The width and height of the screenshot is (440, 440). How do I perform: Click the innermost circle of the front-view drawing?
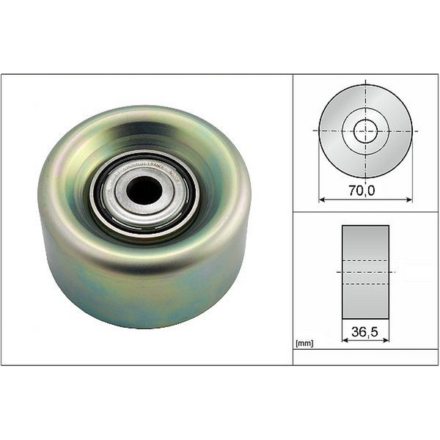click(366, 131)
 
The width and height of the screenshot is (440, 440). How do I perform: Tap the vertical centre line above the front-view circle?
click(366, 81)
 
